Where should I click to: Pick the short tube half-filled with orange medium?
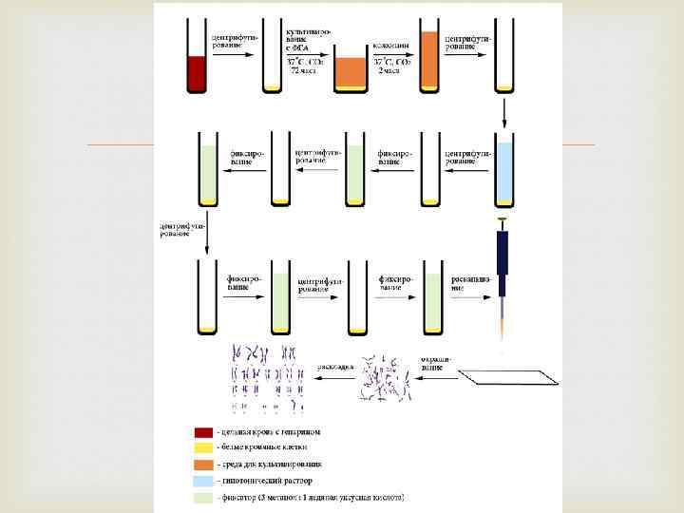(x=350, y=74)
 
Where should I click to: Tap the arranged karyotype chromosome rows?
(x=270, y=380)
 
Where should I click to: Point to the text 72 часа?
(x=304, y=71)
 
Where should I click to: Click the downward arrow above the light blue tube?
(x=504, y=115)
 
